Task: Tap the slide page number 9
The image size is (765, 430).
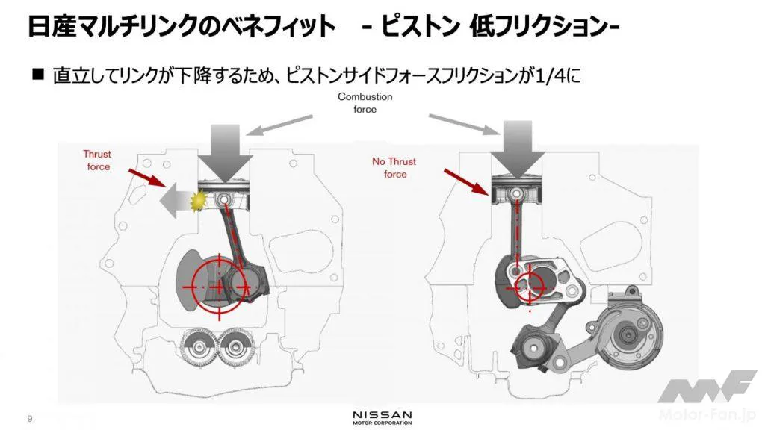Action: click(30, 419)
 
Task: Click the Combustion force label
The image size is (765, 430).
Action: click(365, 103)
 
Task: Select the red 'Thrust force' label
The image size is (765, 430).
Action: click(97, 161)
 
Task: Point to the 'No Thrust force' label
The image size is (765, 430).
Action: click(394, 168)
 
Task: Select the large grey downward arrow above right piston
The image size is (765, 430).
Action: click(517, 149)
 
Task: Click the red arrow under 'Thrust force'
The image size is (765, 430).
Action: click(147, 178)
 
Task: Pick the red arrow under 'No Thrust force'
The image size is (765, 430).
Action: click(467, 181)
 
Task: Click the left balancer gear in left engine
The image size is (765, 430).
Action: click(199, 348)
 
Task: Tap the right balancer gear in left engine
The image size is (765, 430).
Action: click(235, 348)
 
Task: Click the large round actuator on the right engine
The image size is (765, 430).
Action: click(630, 335)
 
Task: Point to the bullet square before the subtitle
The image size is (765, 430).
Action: click(38, 74)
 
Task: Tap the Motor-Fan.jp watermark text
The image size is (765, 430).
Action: click(708, 414)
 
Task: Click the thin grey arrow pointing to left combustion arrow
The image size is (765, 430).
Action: click(279, 125)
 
